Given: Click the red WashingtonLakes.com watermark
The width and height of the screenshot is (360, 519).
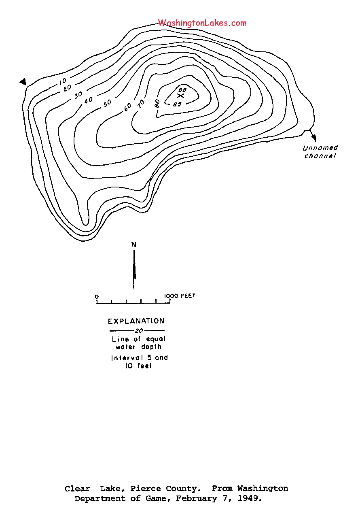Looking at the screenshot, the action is [202, 23].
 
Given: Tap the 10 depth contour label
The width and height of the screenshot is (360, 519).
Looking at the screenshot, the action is [63, 81].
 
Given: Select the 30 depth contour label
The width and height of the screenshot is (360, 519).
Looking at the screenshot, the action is [78, 95].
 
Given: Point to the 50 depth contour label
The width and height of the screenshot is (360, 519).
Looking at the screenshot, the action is [107, 103].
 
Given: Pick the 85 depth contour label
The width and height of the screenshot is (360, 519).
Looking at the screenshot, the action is [177, 104].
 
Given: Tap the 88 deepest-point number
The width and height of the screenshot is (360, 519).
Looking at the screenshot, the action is [182, 89].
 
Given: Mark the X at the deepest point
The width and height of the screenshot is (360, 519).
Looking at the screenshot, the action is [180, 96].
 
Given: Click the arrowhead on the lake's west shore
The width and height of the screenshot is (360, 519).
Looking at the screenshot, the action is [23, 82].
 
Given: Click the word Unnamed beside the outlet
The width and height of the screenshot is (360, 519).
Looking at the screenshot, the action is [320, 148].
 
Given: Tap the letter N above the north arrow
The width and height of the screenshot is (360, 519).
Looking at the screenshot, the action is [134, 245].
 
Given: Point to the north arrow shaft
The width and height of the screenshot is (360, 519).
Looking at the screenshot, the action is [134, 270].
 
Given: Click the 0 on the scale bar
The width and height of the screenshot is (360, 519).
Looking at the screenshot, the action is [97, 297].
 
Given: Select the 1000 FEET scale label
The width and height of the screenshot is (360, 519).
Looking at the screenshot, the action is [180, 296].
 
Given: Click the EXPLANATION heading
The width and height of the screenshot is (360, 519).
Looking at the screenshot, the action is [136, 321].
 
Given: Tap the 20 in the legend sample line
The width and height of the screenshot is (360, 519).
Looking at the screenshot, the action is [139, 331].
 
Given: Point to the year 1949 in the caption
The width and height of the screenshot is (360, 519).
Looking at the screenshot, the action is [250, 498].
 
